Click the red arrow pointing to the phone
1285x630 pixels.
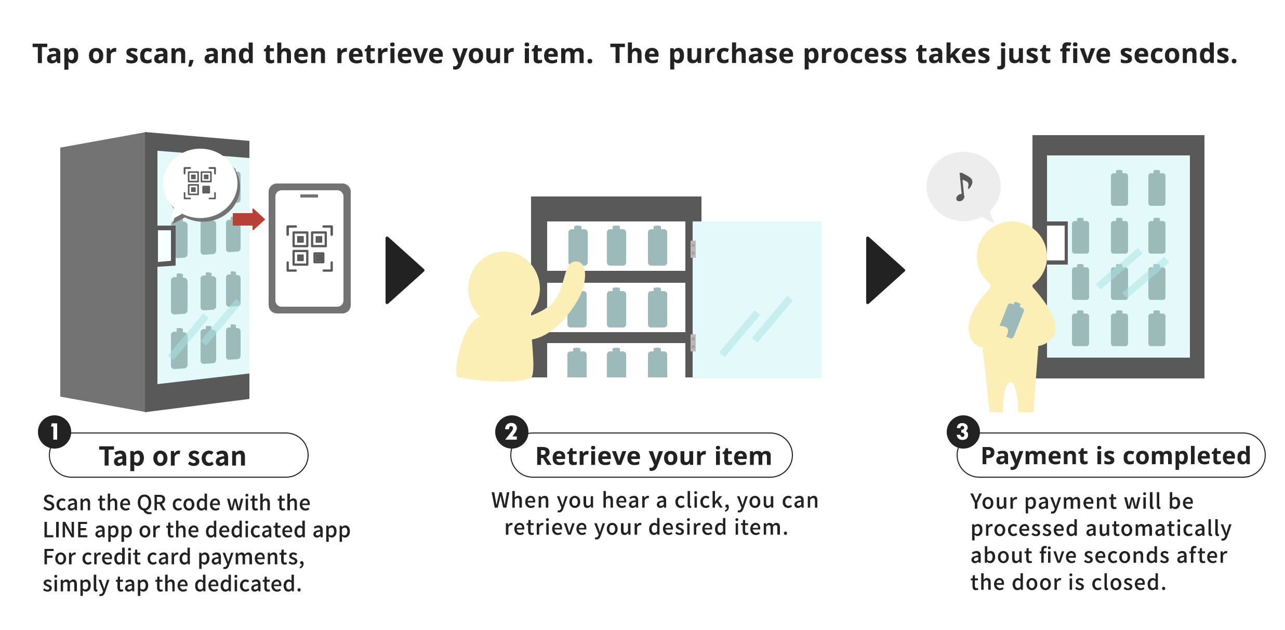[x=248, y=219]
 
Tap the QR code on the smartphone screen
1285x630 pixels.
[x=310, y=248]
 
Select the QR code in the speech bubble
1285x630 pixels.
[x=200, y=183]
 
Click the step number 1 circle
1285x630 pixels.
[x=55, y=431]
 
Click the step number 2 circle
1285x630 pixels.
[x=512, y=431]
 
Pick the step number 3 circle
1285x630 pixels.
[x=963, y=431]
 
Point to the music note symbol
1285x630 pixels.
[x=963, y=187]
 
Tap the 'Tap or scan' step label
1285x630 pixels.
[x=173, y=456]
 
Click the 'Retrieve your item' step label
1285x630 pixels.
[x=653, y=456]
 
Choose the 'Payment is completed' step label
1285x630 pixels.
[x=1115, y=456]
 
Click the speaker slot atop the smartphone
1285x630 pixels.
[x=309, y=196]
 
